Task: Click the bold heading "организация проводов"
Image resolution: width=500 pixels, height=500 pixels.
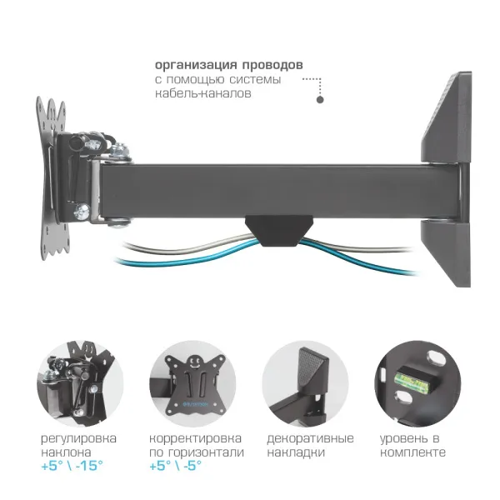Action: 228,64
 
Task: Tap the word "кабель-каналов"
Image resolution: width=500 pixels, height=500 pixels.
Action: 203,94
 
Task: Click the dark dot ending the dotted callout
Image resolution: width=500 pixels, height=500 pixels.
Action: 319,100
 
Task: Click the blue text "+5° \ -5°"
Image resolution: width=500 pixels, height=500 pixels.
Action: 177,467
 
